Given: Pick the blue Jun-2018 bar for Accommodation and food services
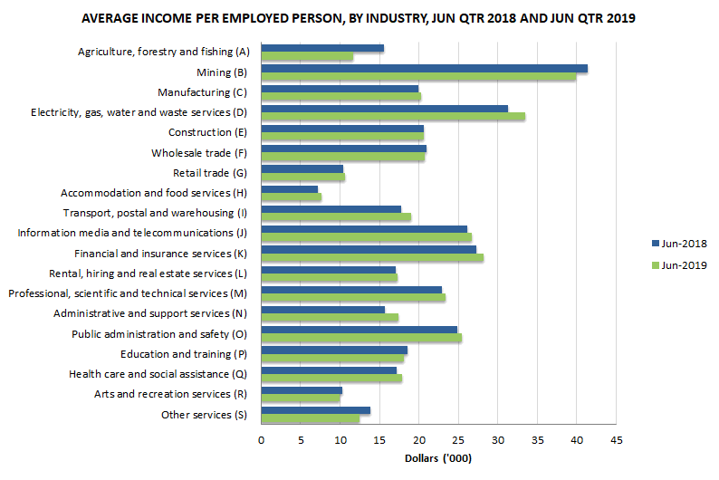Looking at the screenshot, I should pos(289,189).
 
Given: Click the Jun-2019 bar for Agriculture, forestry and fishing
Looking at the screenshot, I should pos(307,57).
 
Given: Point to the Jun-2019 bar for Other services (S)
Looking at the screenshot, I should pos(310,418).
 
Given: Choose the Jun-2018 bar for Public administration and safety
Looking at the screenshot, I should pos(359,330).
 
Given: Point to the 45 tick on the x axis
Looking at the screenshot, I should pos(616,440).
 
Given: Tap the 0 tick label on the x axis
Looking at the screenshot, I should pos(261,440).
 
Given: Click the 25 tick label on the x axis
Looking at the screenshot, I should pos(458,440).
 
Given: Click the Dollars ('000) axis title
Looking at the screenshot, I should pos(437,459).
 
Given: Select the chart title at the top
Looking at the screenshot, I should pos(359,18).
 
